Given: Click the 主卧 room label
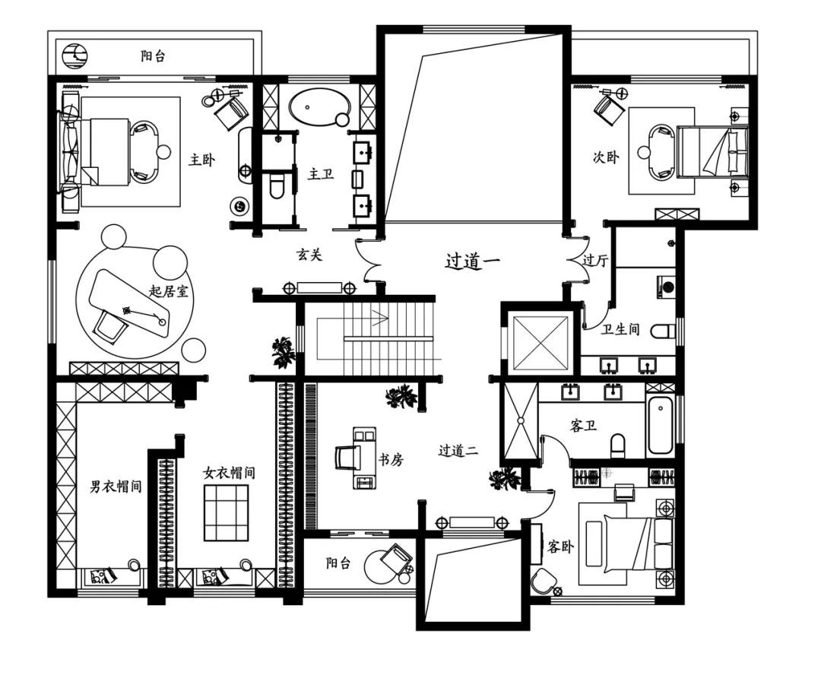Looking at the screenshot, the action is (x=201, y=159).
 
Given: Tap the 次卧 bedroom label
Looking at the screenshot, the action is (x=606, y=157).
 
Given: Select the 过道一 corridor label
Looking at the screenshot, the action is (x=473, y=260).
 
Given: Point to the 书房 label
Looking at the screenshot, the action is (x=391, y=460).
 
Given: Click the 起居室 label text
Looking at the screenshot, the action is (x=169, y=291).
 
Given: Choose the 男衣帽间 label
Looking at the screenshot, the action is (x=116, y=486).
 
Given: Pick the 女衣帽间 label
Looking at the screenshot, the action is (x=229, y=473).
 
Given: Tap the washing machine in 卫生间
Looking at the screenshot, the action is (x=666, y=287).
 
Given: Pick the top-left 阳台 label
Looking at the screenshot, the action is (x=153, y=56).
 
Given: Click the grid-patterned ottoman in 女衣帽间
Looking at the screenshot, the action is (x=227, y=512).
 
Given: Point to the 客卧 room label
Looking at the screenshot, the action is (x=560, y=547).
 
